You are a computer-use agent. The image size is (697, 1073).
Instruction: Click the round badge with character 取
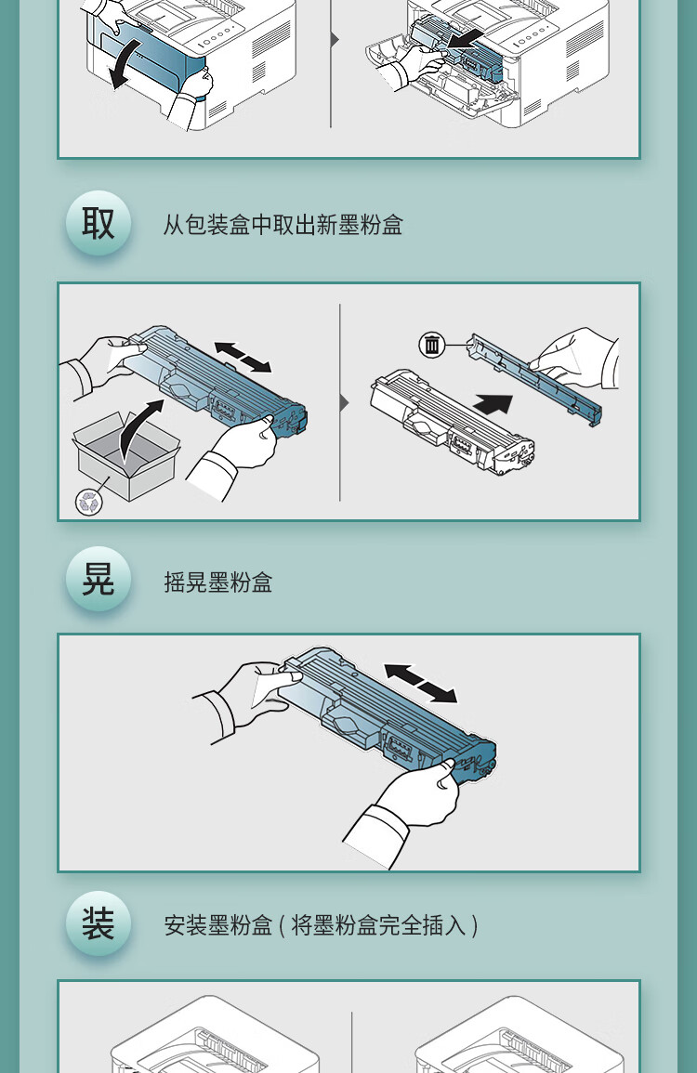(99, 224)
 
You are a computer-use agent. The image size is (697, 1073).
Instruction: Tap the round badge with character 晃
(99, 580)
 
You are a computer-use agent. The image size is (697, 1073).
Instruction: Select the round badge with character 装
(99, 923)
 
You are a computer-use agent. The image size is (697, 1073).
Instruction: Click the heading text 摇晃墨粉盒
(218, 582)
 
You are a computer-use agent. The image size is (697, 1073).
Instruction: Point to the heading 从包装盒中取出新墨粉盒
(283, 225)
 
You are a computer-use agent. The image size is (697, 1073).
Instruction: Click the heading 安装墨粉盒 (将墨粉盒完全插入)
(322, 925)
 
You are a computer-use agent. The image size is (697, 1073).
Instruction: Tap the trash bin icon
(432, 345)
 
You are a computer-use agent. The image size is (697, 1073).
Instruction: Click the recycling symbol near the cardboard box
(89, 502)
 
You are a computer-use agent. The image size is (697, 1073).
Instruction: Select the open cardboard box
(125, 455)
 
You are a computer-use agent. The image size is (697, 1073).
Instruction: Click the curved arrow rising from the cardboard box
(139, 430)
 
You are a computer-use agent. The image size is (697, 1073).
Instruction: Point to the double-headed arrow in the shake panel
(420, 683)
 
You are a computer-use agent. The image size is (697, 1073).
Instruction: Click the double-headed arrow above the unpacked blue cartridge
(243, 358)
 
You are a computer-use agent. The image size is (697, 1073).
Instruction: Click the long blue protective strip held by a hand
(535, 377)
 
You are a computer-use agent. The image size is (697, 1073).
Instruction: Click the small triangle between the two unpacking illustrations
(345, 402)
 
